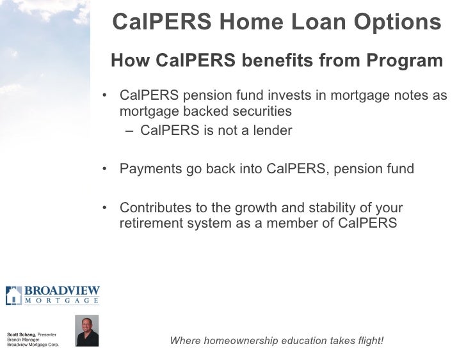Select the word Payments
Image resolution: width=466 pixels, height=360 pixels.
click(147, 169)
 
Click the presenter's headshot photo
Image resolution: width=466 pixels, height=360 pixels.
click(86, 331)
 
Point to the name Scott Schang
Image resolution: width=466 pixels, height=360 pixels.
click(21, 334)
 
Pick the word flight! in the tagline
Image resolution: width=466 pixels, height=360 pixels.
click(368, 340)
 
